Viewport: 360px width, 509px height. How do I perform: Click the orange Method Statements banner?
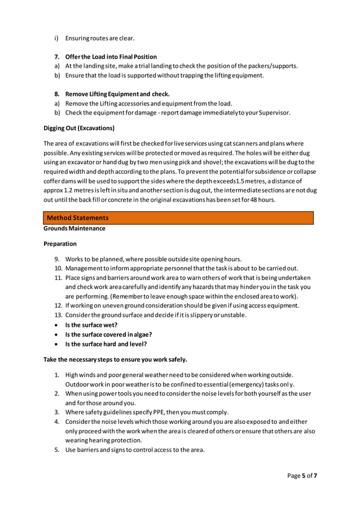click(178, 218)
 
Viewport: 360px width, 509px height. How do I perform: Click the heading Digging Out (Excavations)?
click(79, 128)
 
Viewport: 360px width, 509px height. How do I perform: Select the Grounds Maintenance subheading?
click(74, 229)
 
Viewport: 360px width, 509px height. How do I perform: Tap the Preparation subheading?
click(60, 244)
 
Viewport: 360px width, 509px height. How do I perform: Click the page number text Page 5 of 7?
click(302, 476)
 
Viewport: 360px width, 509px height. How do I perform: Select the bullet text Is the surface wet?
click(91, 325)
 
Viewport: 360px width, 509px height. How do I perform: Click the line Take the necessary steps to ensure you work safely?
click(115, 359)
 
